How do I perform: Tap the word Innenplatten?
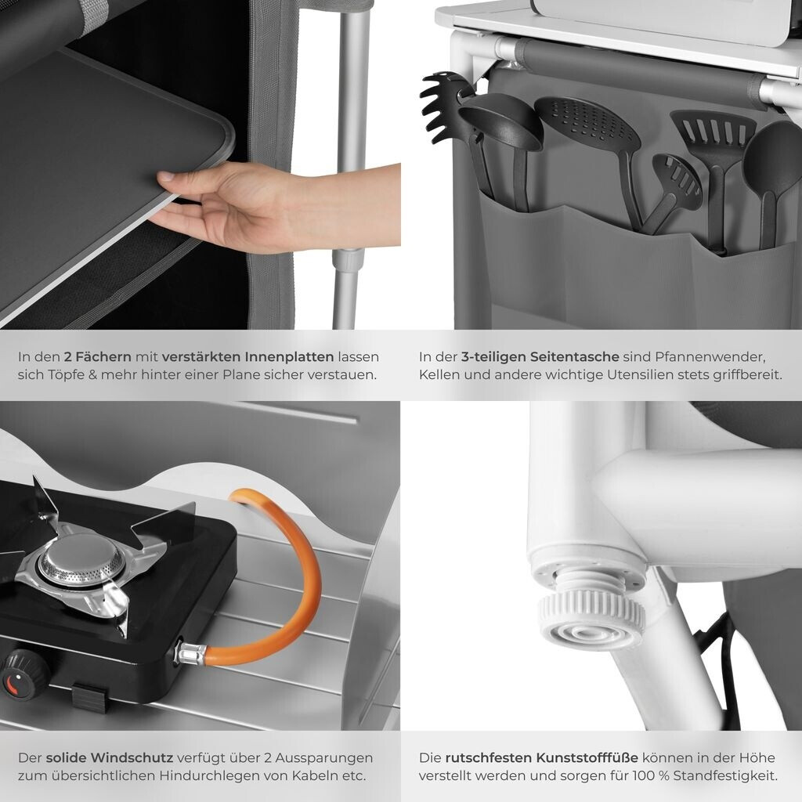point(289,356)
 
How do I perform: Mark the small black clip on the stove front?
point(91,696)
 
